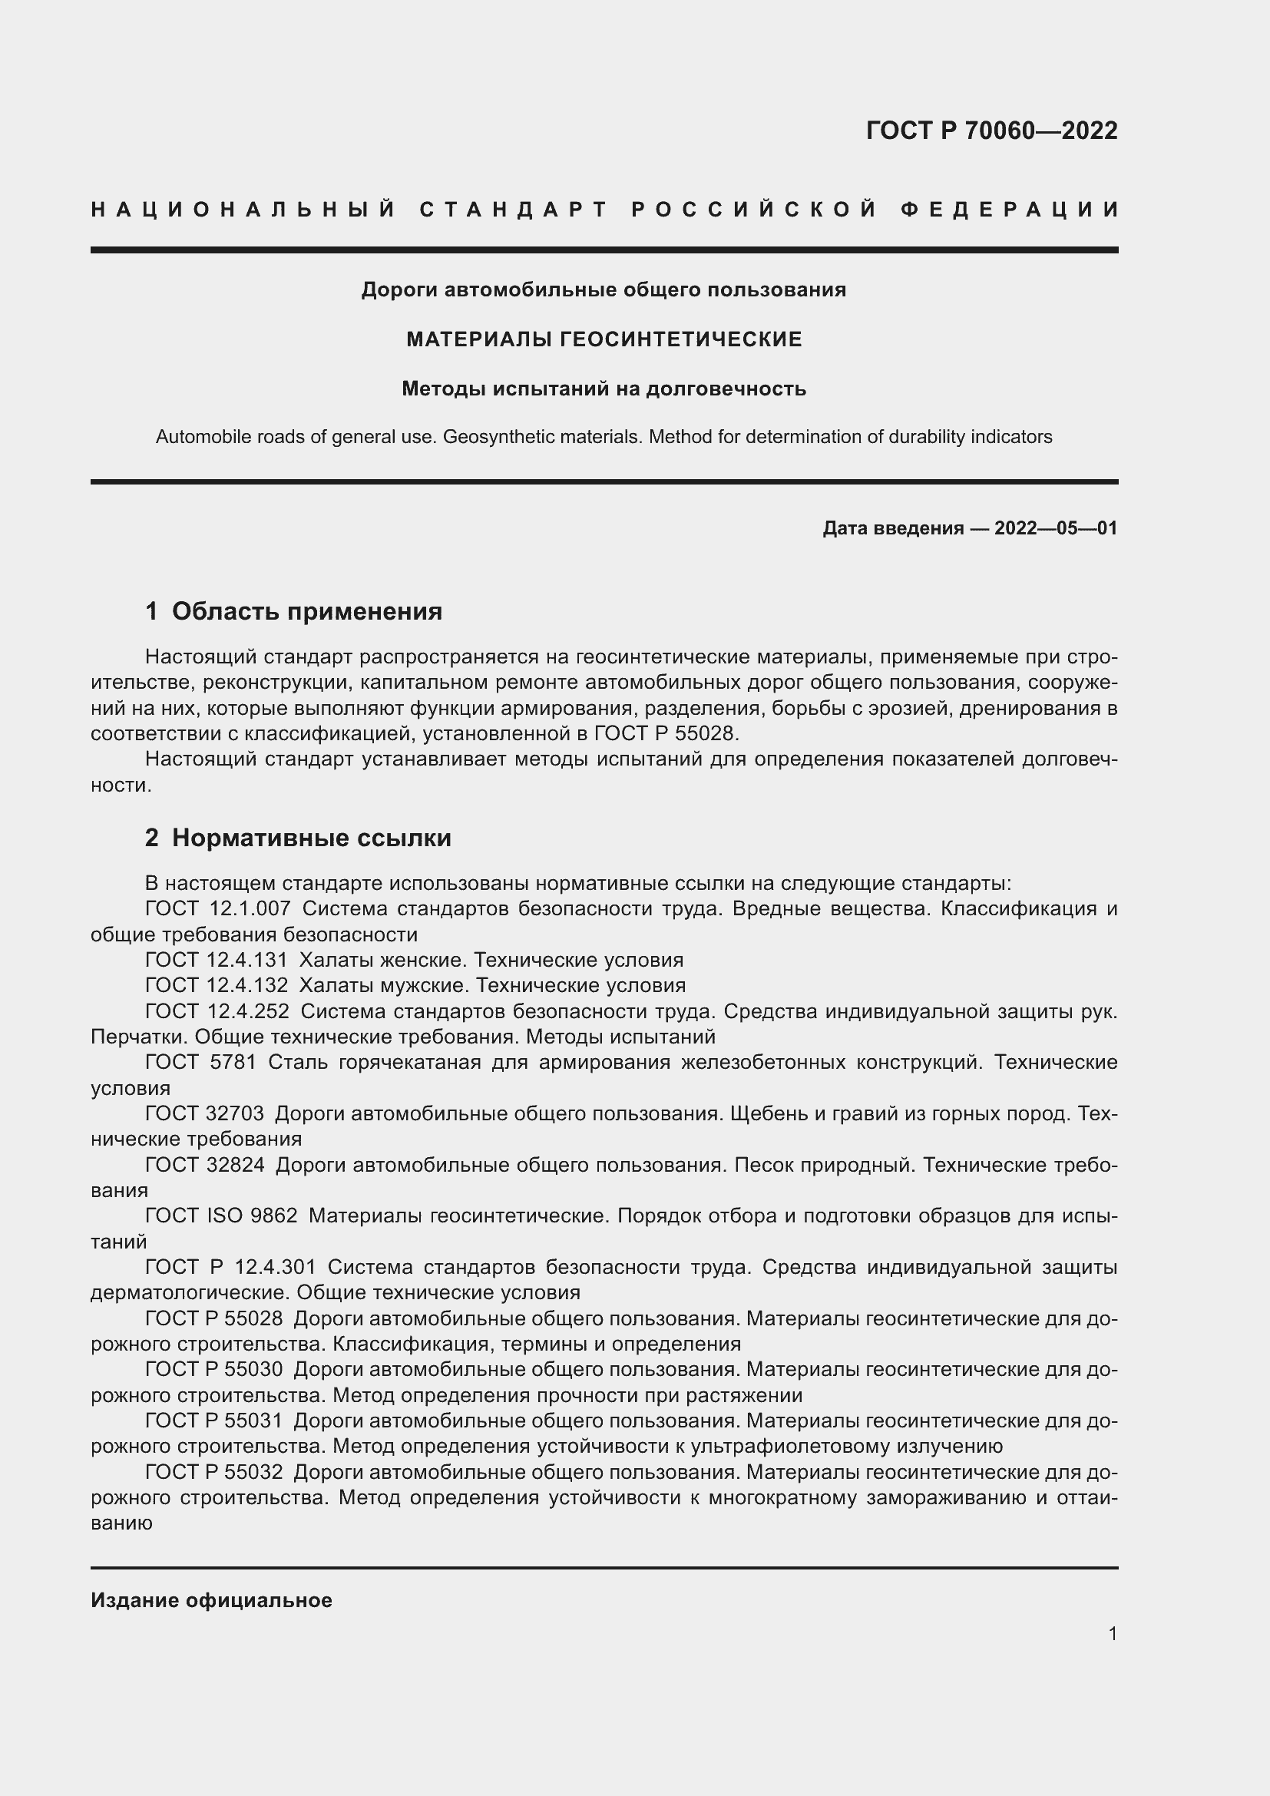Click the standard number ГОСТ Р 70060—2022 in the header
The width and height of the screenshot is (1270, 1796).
tap(991, 131)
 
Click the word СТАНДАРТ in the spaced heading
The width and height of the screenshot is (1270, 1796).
tap(514, 210)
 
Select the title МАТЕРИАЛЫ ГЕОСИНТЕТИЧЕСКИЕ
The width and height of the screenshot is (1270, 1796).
tap(604, 339)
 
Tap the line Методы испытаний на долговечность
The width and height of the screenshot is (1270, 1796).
tap(604, 389)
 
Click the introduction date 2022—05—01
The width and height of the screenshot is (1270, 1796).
tap(1055, 529)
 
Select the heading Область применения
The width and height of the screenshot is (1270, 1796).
tap(306, 612)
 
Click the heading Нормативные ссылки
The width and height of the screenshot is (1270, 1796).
tap(311, 838)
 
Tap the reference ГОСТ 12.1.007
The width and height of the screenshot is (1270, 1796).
tap(217, 909)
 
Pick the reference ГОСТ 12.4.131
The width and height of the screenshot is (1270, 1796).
tap(216, 960)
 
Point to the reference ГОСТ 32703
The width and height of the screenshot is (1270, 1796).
tap(204, 1113)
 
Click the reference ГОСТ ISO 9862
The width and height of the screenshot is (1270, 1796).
tap(220, 1216)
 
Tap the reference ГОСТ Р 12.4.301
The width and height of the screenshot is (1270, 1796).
tap(230, 1266)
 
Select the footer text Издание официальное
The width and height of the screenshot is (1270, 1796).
tap(211, 1600)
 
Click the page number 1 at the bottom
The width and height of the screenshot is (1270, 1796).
tap(1112, 1633)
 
